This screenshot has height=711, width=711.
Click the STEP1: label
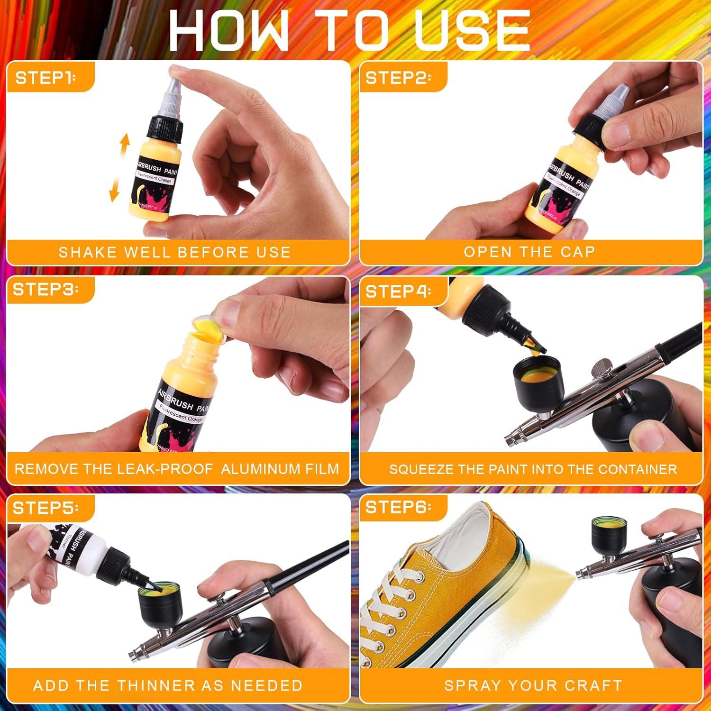tap(46, 78)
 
